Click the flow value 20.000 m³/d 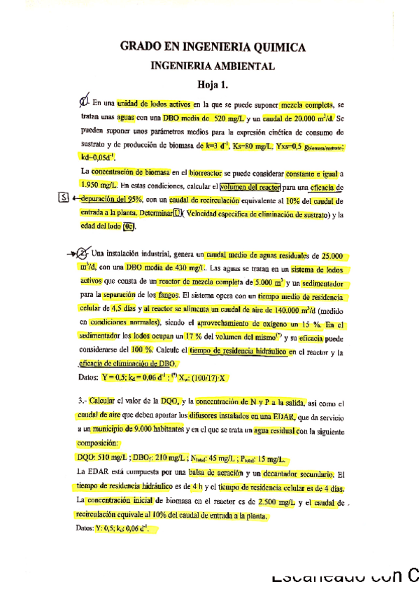click(x=303, y=119)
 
